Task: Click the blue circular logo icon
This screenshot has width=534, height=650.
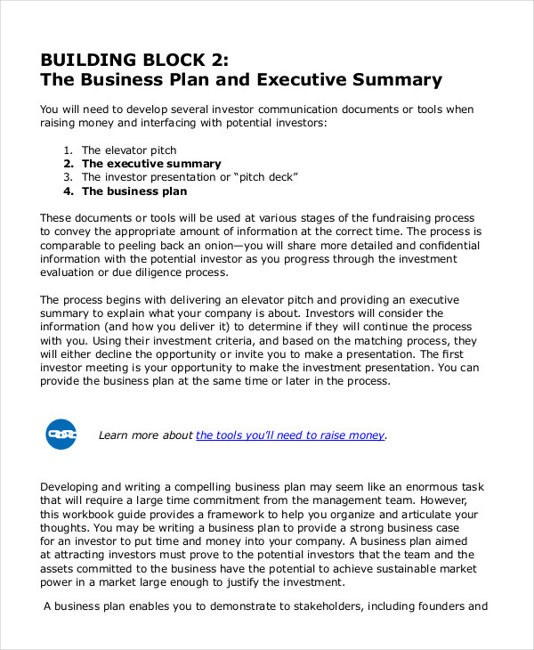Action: (x=61, y=434)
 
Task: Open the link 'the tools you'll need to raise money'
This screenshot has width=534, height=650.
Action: (x=290, y=435)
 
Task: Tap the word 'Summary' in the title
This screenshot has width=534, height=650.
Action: (x=396, y=80)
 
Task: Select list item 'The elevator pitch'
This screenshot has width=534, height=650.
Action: (x=129, y=150)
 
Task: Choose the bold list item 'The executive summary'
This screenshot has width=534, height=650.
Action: (x=151, y=164)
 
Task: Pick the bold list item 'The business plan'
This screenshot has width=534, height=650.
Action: (x=134, y=191)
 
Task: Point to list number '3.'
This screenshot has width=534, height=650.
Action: (x=69, y=177)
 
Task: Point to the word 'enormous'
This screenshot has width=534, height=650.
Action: (x=417, y=487)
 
